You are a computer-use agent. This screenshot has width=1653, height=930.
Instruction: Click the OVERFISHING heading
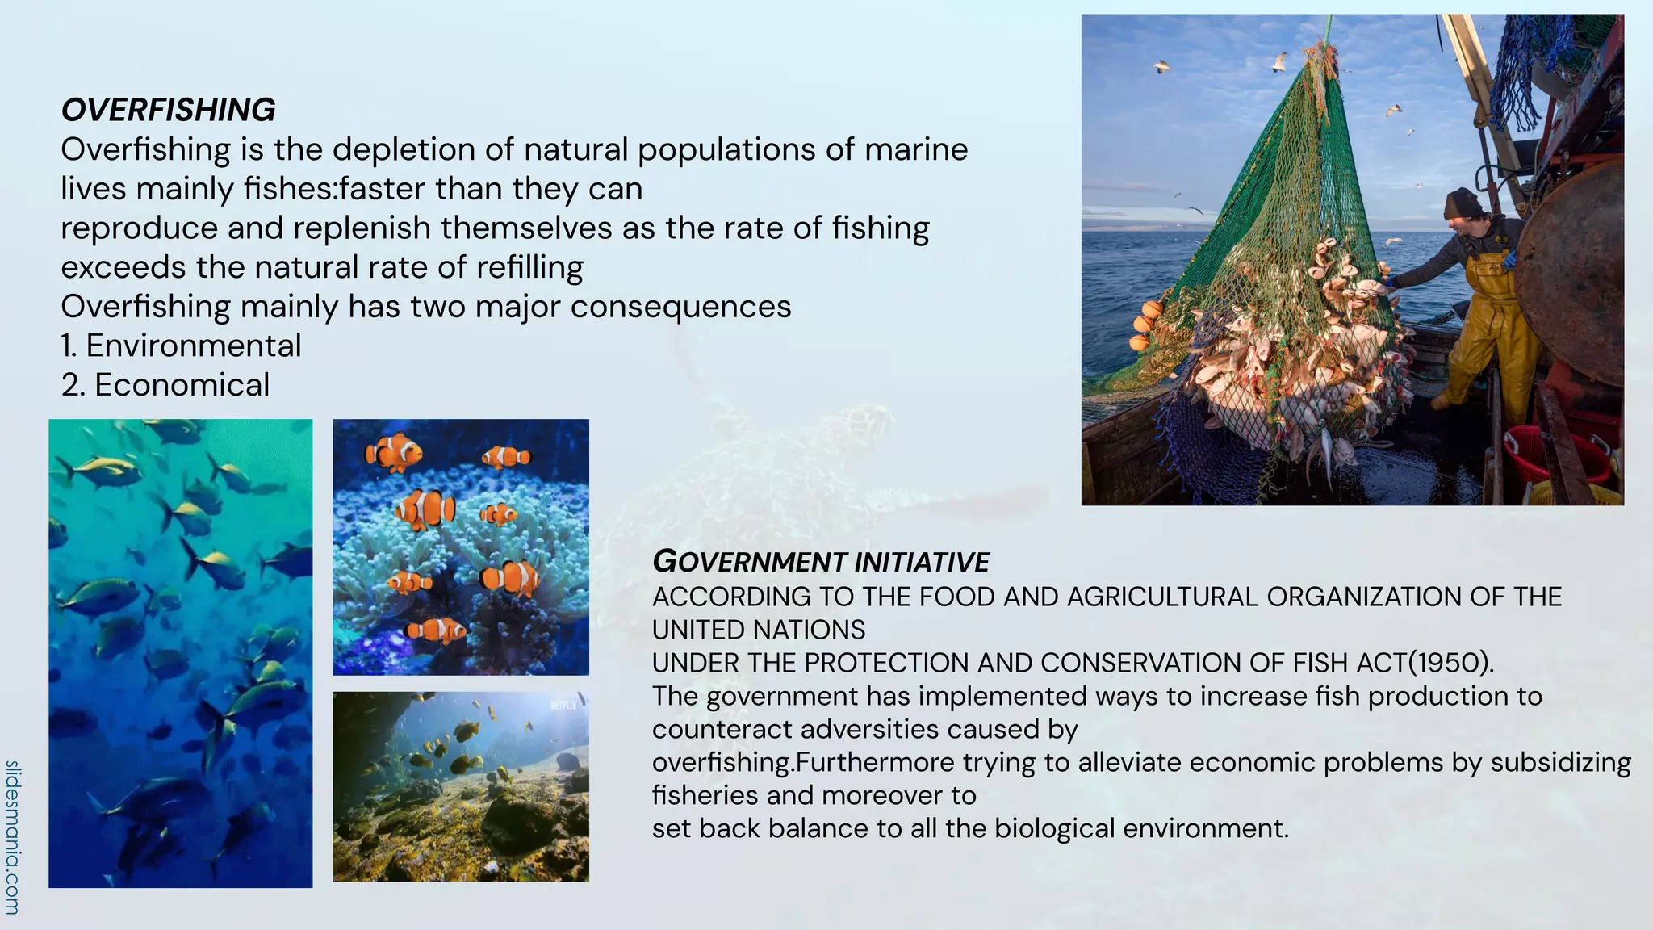pyautogui.click(x=168, y=110)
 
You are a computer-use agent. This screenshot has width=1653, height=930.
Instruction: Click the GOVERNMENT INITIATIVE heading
pyautogui.click(x=821, y=562)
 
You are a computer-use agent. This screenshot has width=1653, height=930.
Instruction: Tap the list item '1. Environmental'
pyautogui.click(x=181, y=346)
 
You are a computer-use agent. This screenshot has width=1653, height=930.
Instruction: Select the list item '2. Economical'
pyautogui.click(x=165, y=385)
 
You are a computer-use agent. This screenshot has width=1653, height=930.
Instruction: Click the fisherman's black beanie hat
pyautogui.click(x=1462, y=203)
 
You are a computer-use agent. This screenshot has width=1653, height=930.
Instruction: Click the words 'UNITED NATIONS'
pyautogui.click(x=759, y=630)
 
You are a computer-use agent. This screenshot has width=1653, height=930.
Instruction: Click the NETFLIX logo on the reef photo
pyautogui.click(x=563, y=706)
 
